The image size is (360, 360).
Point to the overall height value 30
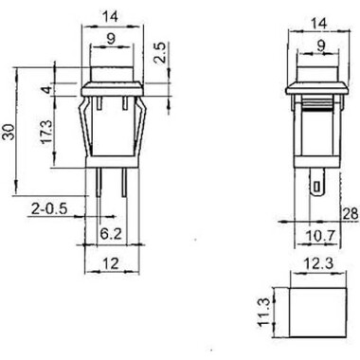click(9, 133)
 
